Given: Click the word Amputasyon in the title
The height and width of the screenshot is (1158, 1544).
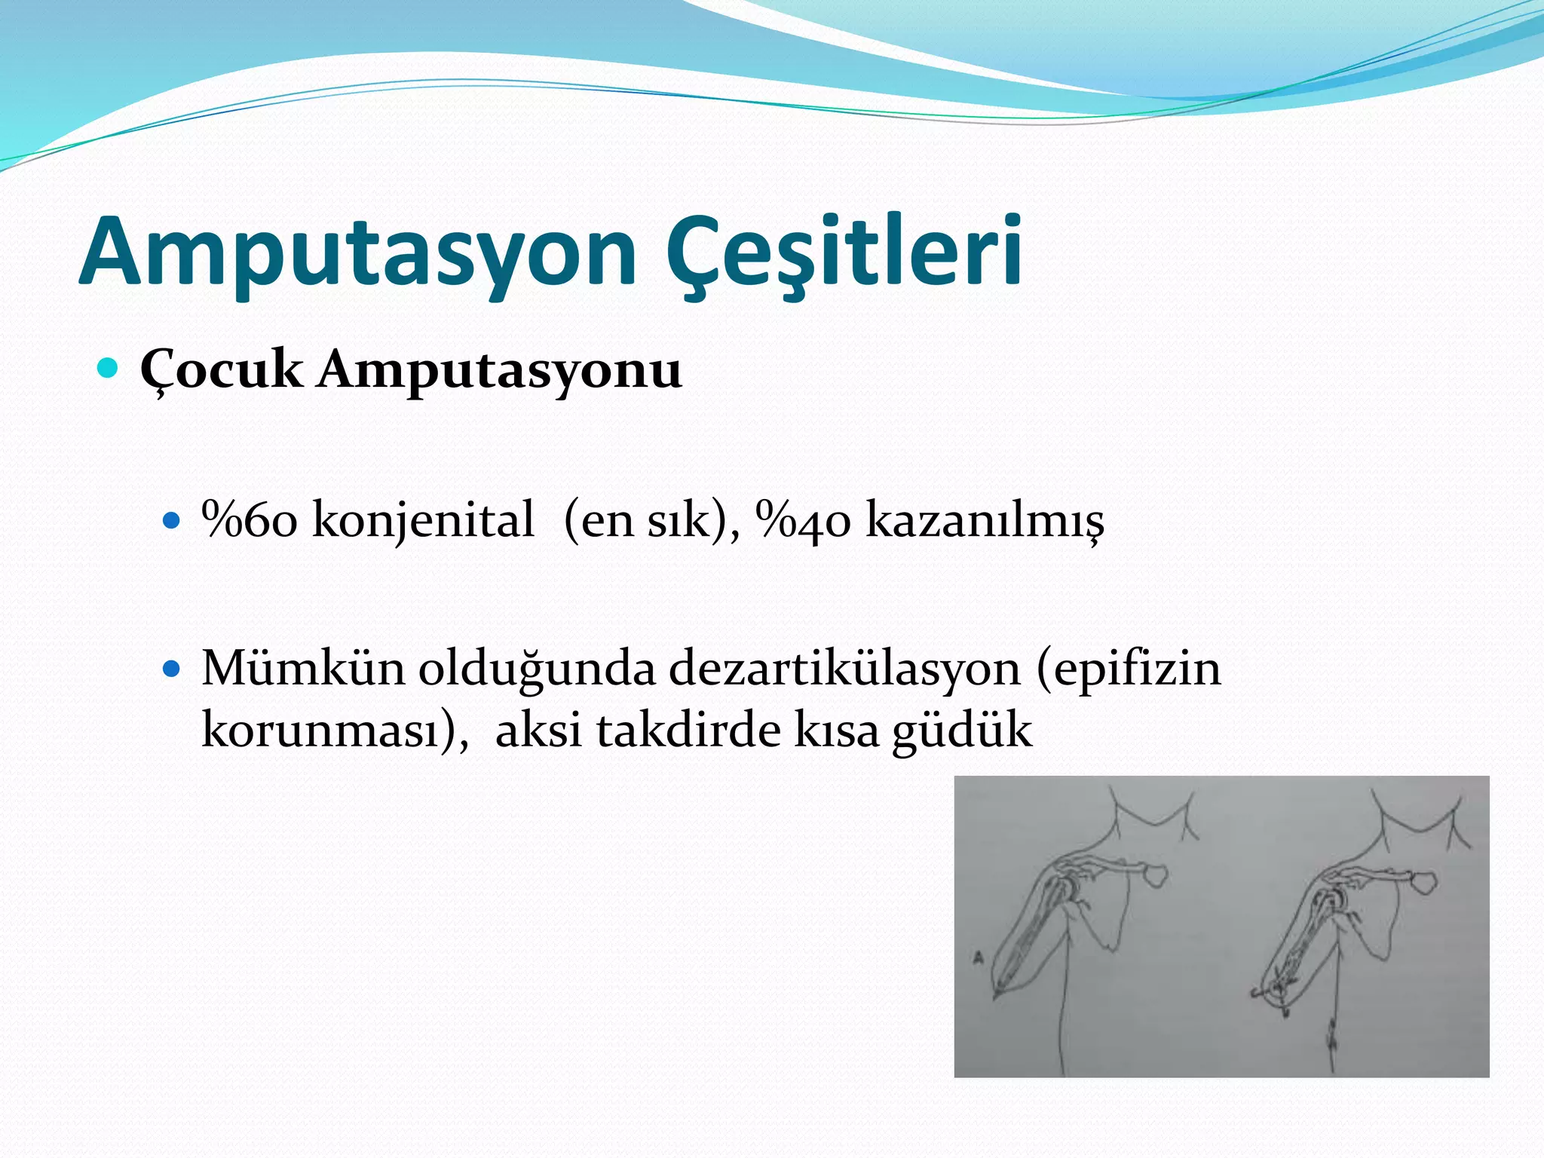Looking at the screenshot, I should [x=358, y=253].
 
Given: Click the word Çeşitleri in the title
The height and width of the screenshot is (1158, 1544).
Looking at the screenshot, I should [x=844, y=253].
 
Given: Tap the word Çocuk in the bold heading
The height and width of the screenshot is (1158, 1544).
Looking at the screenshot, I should [x=221, y=371].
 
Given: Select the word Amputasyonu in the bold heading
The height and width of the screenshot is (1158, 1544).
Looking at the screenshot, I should [x=499, y=371].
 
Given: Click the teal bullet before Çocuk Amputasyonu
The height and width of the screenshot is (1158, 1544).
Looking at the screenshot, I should [x=109, y=369].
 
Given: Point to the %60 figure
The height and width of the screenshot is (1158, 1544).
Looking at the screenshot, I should [x=250, y=520].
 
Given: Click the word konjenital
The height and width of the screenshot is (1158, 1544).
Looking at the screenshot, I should [x=423, y=520].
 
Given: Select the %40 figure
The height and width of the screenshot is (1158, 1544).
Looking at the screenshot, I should [x=804, y=520].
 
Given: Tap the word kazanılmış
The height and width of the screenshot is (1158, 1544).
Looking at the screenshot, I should [x=985, y=520].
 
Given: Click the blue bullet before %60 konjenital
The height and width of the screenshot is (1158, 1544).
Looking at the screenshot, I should [x=172, y=520].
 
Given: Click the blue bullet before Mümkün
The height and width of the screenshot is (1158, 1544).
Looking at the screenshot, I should [x=172, y=668].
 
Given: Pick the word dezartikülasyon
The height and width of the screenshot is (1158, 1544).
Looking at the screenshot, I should [x=844, y=668].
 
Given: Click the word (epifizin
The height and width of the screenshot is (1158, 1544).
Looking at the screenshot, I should [x=1129, y=668].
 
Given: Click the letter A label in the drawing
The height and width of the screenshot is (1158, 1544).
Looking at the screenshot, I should [x=979, y=959].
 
